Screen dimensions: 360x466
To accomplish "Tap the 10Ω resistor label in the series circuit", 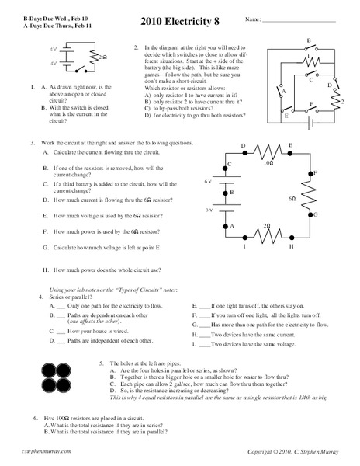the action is pos(267,164).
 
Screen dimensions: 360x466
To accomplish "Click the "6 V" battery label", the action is pos(208,181).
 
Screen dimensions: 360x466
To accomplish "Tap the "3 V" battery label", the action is pos(208,210).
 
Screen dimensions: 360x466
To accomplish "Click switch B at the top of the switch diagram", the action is pos(310,47).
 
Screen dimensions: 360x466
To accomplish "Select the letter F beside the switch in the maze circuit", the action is pos(312,103).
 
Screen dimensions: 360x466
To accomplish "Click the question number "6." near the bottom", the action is pos(36,418).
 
